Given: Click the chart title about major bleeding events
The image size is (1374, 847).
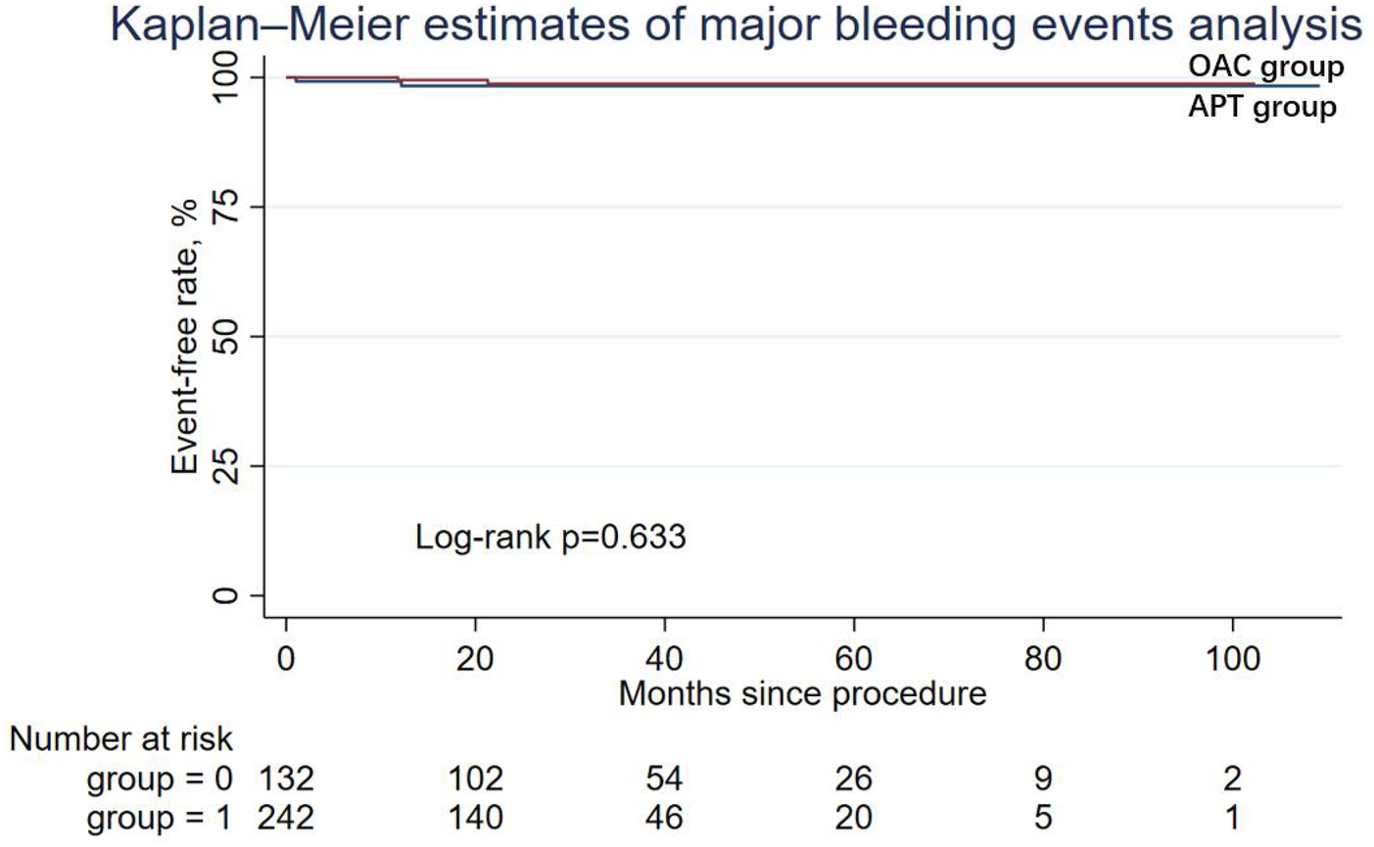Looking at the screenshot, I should (x=734, y=24).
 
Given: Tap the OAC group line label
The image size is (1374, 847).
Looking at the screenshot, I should (x=1265, y=67).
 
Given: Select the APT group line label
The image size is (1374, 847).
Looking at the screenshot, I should (x=1261, y=106).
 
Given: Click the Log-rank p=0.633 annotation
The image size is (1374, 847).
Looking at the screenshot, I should (x=550, y=537).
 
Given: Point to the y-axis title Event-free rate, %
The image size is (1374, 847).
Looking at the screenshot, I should (x=185, y=337).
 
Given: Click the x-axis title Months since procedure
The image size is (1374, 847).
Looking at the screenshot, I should (x=802, y=693).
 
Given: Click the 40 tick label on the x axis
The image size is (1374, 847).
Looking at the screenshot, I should (x=664, y=658).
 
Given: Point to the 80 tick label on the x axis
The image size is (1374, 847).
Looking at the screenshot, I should (x=1043, y=658).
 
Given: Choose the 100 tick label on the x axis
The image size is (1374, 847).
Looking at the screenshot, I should (x=1231, y=658).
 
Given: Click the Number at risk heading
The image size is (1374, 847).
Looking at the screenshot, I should (x=121, y=738).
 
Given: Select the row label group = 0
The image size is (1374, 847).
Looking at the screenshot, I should (x=160, y=778).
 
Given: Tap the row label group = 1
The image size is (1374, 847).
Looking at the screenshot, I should (x=160, y=817).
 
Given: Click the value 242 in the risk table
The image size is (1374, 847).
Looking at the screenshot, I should (x=285, y=817).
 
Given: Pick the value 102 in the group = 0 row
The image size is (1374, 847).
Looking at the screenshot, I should (x=475, y=778).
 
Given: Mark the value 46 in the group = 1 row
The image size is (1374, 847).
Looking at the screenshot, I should (x=664, y=817).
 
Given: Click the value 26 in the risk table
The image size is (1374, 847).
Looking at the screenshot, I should (x=854, y=778).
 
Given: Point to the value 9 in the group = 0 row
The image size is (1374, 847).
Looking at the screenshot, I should (x=1043, y=778).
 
